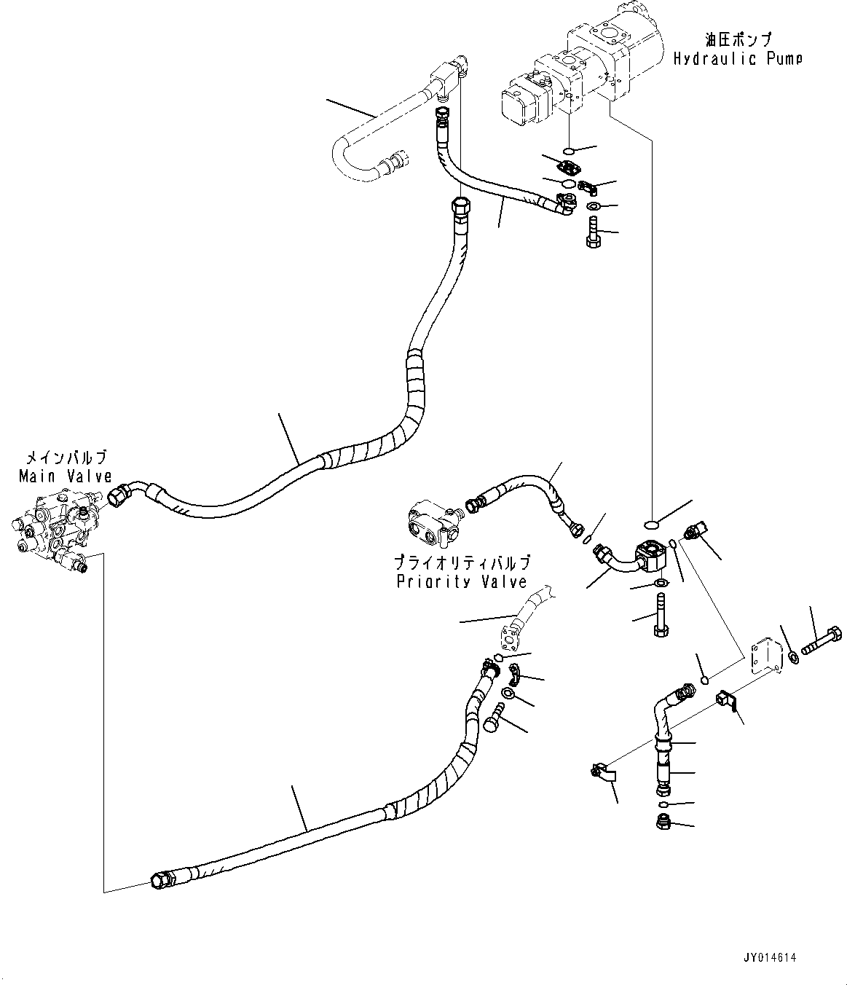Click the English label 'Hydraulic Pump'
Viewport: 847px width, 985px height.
click(x=737, y=59)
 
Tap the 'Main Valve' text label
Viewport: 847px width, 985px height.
click(x=66, y=476)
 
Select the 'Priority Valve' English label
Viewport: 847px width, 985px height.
click(x=461, y=581)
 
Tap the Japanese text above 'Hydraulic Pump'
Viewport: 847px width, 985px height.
click(x=737, y=39)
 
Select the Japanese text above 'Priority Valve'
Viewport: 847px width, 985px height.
click(x=461, y=562)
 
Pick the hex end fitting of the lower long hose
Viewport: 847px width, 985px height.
click(x=160, y=881)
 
